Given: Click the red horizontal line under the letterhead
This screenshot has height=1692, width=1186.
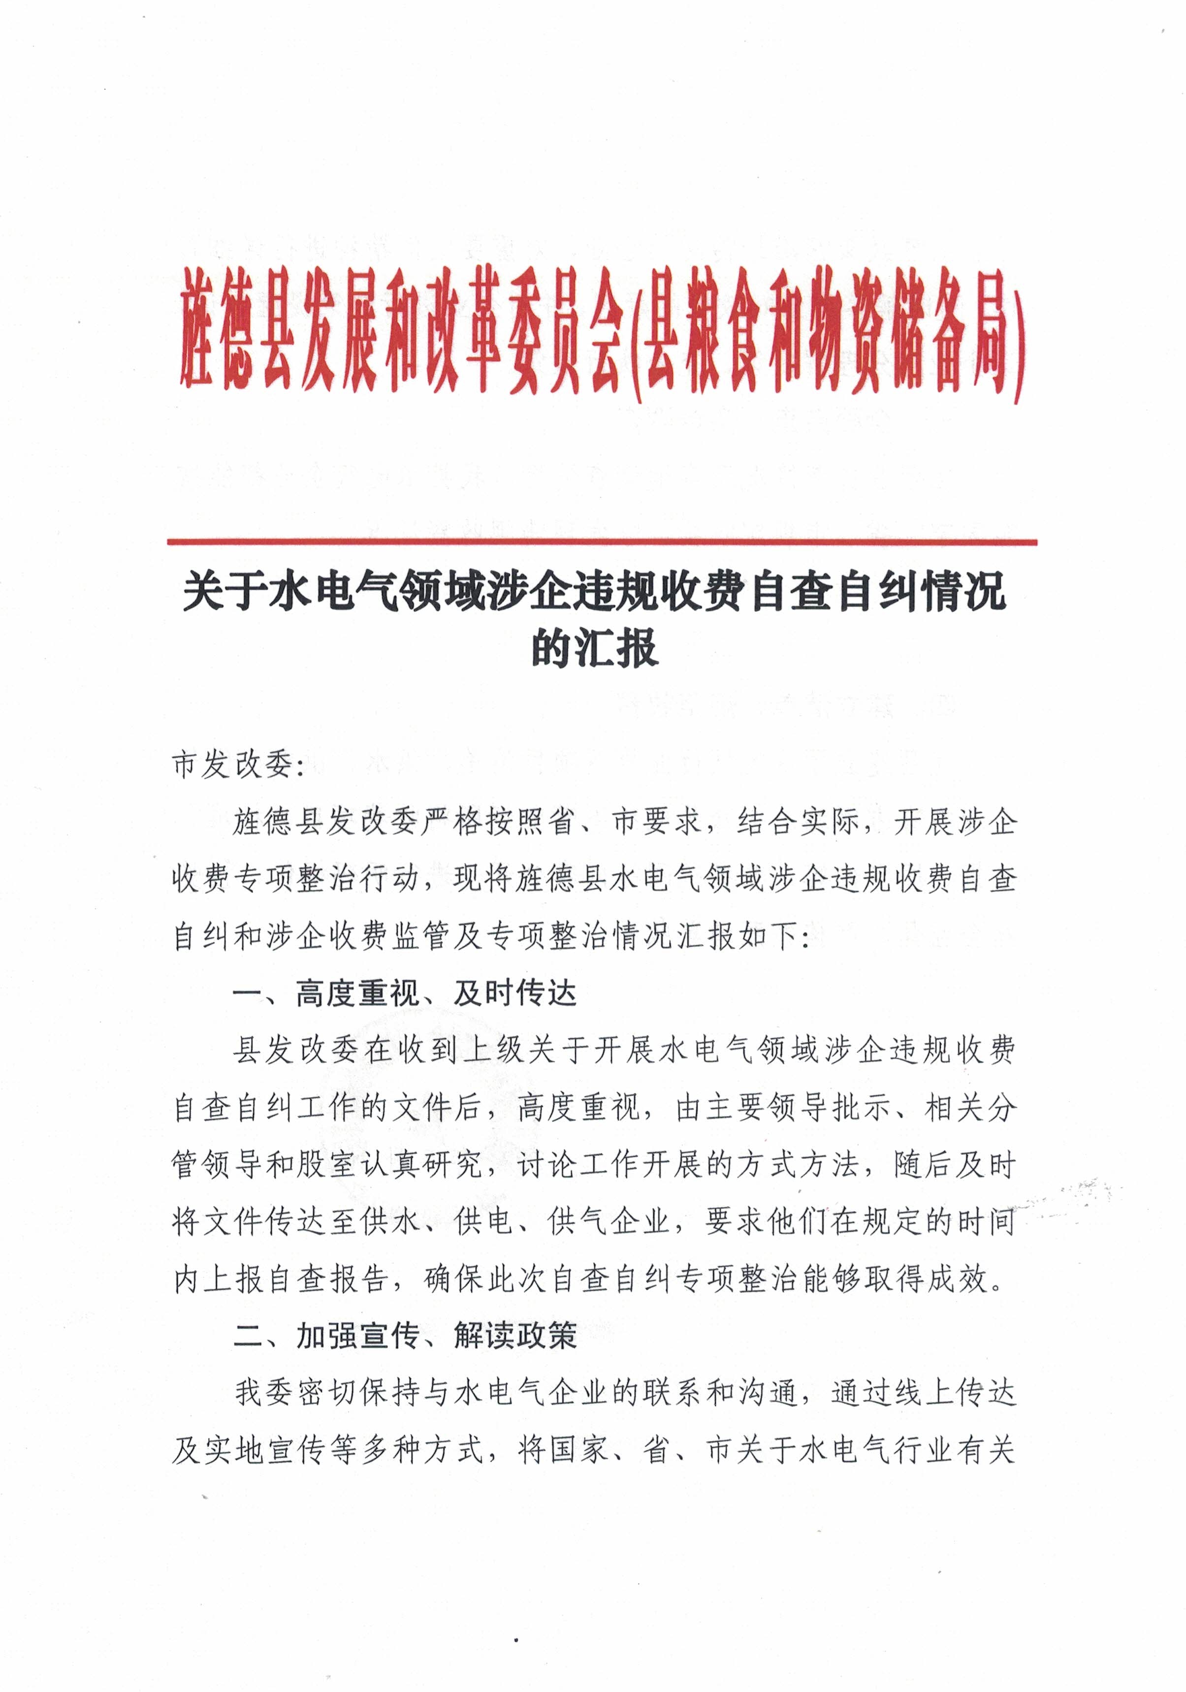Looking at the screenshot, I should (x=602, y=543).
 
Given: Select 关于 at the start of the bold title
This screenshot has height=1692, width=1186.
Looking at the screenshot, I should (x=224, y=593).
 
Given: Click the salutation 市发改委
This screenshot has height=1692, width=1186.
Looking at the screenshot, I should (x=232, y=766).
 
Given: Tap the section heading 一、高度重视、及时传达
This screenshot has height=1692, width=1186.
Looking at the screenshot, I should (x=404, y=994).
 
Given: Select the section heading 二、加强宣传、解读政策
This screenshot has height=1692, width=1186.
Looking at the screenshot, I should (x=404, y=1335).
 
